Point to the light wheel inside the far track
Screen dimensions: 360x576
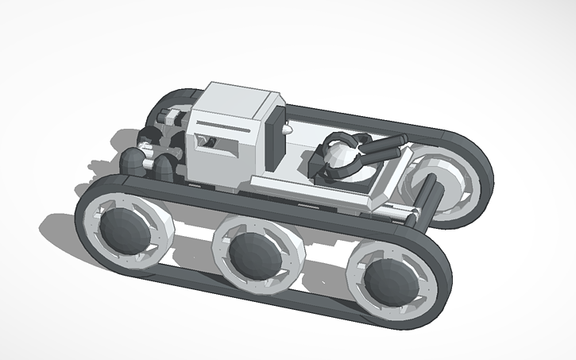[x=436, y=184]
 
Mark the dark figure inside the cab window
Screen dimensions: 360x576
[x=210, y=142]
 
